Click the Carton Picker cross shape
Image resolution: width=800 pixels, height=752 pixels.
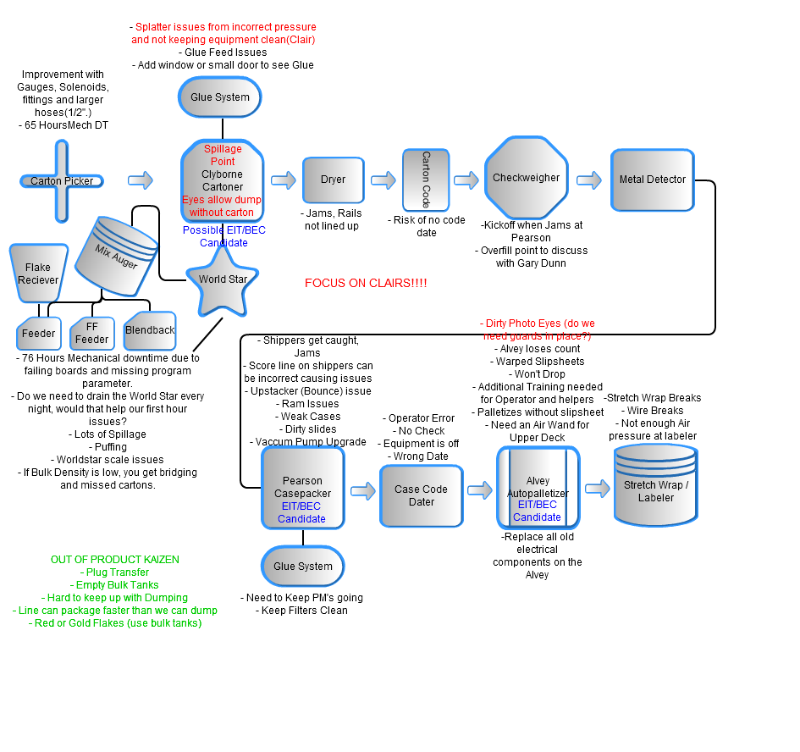[x=62, y=180]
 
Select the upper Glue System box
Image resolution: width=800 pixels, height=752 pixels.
[x=220, y=97]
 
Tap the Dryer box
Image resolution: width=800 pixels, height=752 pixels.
[x=333, y=180]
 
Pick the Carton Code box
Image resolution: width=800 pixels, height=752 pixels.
[x=426, y=180]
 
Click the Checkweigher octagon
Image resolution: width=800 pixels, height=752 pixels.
[x=526, y=178]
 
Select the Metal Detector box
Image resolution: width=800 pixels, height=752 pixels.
[x=652, y=180]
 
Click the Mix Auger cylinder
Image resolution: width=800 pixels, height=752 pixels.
[x=116, y=250]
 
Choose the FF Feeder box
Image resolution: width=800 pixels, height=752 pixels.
[x=91, y=333]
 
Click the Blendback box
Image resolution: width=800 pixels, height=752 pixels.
[x=150, y=330]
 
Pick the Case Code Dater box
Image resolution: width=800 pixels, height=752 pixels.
[x=421, y=495]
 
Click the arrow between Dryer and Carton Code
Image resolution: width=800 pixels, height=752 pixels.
[x=383, y=180]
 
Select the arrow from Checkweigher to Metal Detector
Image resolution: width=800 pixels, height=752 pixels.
[x=589, y=180]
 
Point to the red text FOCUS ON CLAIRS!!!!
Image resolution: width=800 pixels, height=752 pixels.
[x=366, y=283]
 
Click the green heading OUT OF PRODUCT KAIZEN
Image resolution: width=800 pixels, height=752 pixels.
[x=115, y=560]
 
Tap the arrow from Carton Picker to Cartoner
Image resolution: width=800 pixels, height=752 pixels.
[x=141, y=180]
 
